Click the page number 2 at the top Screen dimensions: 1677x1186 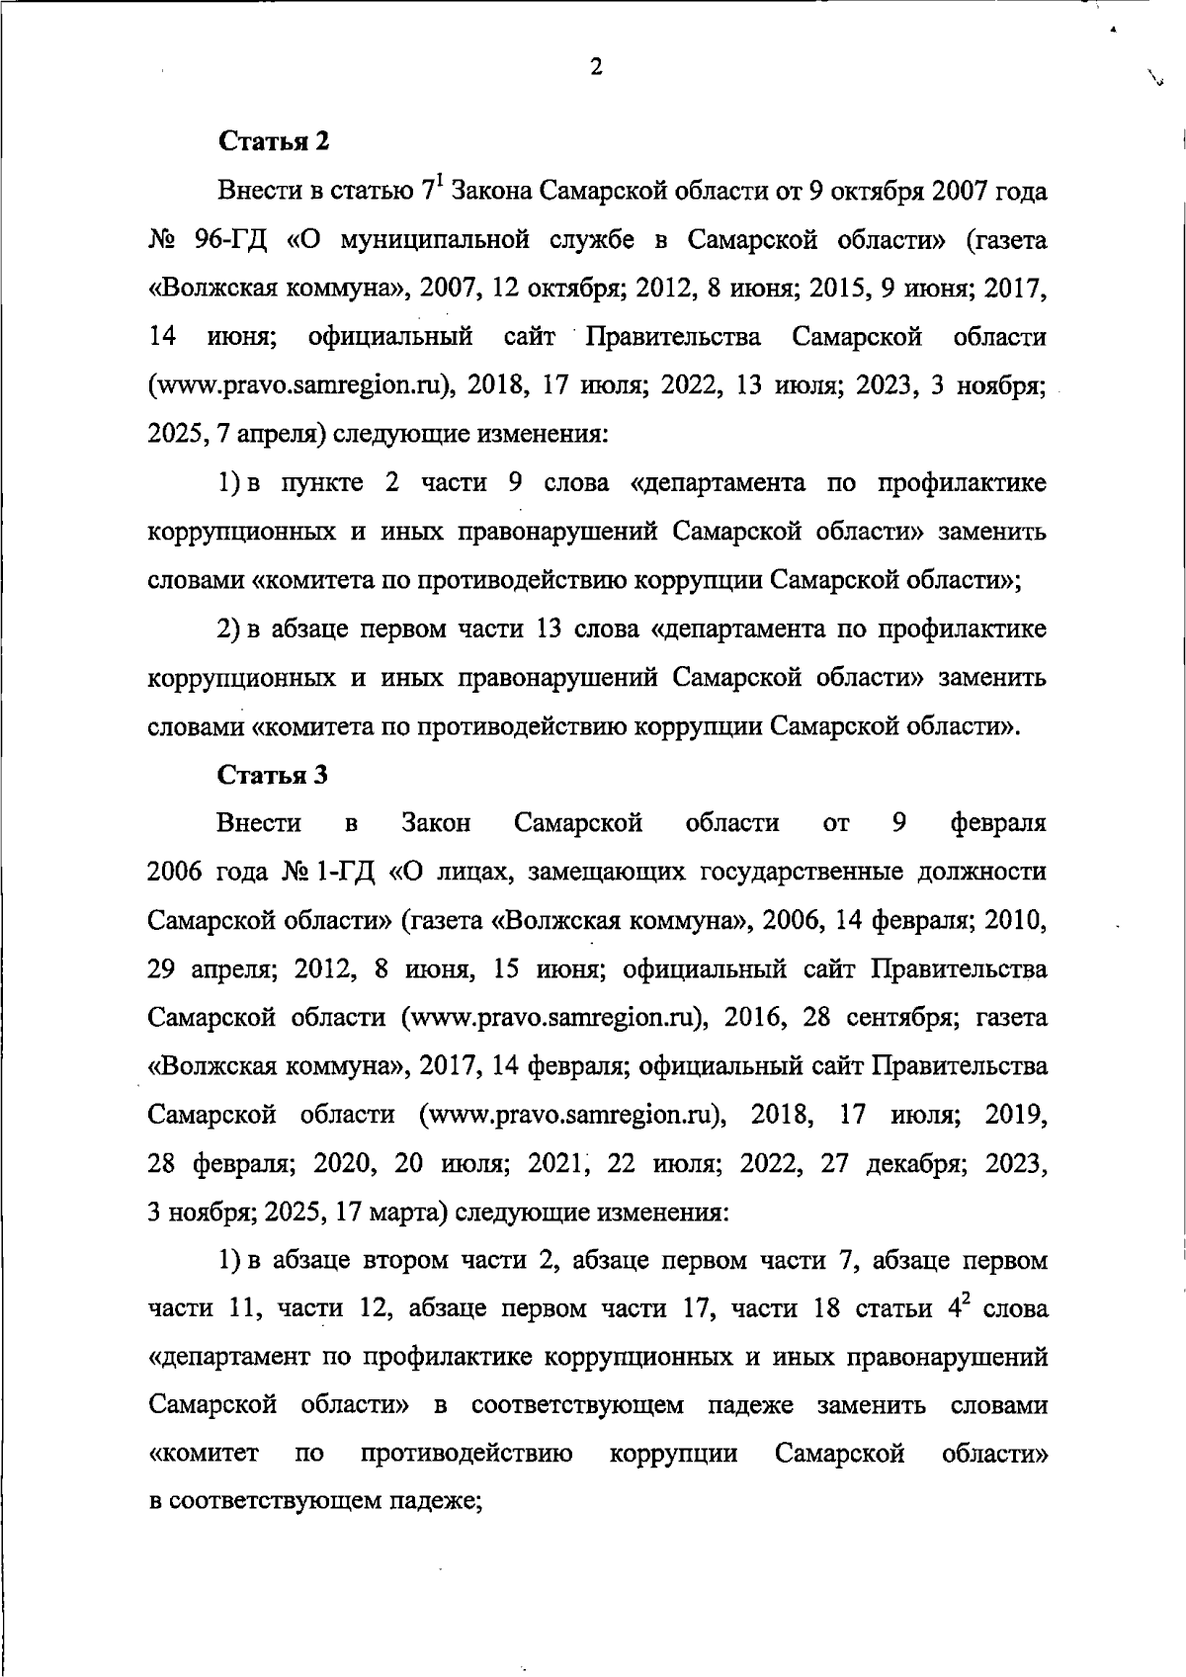point(595,67)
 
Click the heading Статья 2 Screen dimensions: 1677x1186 point(273,141)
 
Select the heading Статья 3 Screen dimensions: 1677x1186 point(273,775)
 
